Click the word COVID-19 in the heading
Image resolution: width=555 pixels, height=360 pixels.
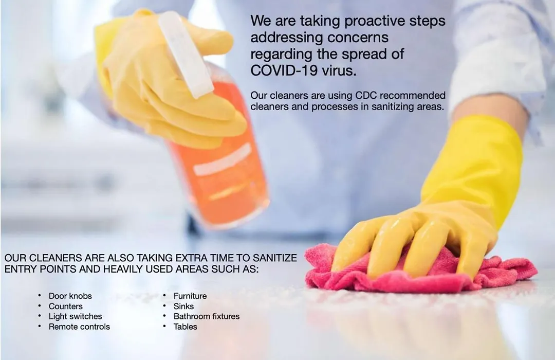(284, 71)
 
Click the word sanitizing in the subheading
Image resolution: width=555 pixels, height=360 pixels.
(392, 106)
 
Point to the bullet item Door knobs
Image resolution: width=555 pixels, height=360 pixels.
(70, 296)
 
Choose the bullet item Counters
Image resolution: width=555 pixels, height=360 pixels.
(65, 306)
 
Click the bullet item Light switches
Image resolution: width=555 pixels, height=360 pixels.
(76, 316)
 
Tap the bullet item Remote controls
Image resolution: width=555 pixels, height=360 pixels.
(79, 327)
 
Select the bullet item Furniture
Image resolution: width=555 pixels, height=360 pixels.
(190, 296)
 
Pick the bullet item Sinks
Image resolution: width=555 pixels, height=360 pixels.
(183, 306)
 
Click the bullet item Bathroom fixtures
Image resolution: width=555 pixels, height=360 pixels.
(207, 316)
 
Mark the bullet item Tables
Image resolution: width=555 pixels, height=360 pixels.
(185, 327)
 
